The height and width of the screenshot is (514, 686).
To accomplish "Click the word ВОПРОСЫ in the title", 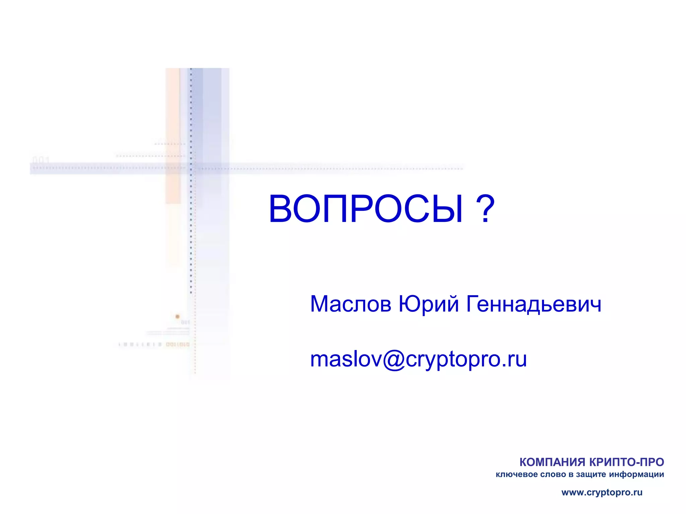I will (x=366, y=209).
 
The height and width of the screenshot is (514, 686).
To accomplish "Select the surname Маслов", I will (x=350, y=304).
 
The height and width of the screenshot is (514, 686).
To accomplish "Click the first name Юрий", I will (x=428, y=304).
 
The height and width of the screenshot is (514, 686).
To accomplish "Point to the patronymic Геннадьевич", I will (x=534, y=304).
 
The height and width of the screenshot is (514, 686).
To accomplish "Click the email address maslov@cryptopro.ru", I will (x=418, y=359).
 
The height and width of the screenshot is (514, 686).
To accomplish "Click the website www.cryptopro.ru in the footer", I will (x=602, y=493).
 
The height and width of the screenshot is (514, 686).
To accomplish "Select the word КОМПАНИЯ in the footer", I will (x=552, y=462).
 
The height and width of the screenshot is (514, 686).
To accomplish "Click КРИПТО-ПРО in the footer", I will (x=626, y=462).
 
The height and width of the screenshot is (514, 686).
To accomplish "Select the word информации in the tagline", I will (x=636, y=475).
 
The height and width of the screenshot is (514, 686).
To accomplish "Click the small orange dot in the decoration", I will (x=178, y=316).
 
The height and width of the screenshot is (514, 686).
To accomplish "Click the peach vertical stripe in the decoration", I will (x=173, y=134).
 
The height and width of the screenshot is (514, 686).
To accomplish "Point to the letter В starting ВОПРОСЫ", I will (x=281, y=209).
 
